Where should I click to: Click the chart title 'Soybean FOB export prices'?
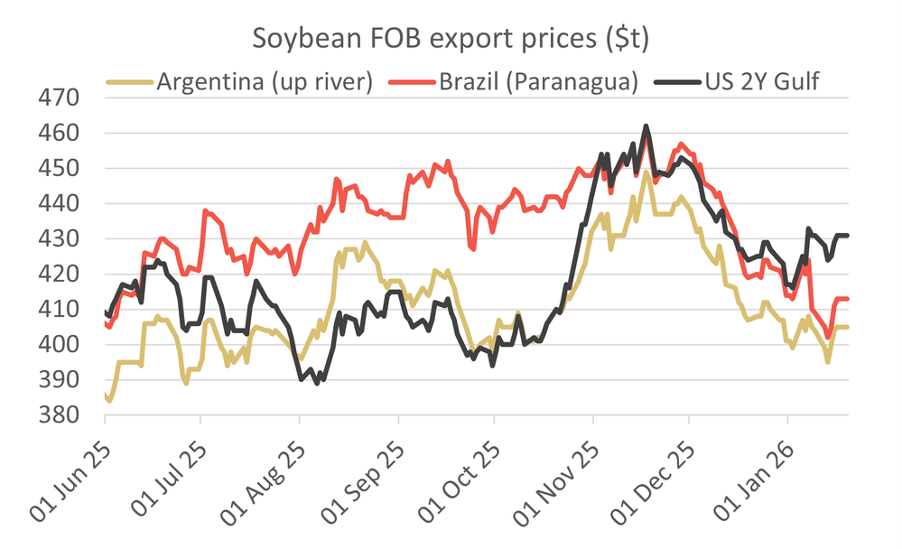point(451,39)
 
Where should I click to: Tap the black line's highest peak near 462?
point(646,126)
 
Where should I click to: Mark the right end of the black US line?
point(847,236)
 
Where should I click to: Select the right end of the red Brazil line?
point(847,299)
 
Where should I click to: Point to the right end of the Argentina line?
point(847,327)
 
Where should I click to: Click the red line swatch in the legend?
point(411,82)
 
